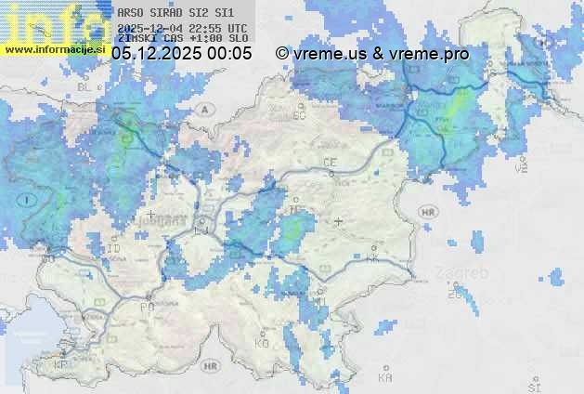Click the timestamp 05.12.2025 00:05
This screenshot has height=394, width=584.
[x=181, y=54]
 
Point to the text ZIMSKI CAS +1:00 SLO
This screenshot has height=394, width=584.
[x=182, y=38]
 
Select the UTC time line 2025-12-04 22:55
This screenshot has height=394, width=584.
[x=182, y=28]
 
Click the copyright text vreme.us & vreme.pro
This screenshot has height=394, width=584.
[x=372, y=54]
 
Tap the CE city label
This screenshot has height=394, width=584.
[x=330, y=163]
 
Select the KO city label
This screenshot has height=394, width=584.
[x=262, y=344]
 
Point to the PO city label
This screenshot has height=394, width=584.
[x=147, y=307]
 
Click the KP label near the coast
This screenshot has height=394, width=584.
[x=60, y=365]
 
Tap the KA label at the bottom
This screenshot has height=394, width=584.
[x=385, y=377]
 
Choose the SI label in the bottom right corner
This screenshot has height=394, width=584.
[x=534, y=385]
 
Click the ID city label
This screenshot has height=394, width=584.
[x=114, y=249]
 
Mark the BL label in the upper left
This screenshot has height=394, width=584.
[x=87, y=86]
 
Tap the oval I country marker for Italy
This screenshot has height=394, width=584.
[x=29, y=199]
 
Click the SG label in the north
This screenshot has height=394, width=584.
[x=299, y=115]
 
